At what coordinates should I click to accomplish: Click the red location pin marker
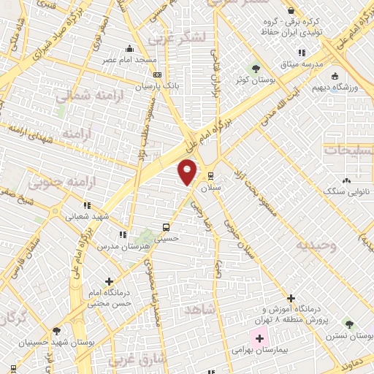tap(188, 171)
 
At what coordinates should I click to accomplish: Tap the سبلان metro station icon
tap(210, 175)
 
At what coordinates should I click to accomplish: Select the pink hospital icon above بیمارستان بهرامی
tap(259, 338)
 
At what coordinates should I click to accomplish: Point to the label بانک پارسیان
tap(156, 85)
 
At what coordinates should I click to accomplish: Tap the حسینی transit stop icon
tap(167, 226)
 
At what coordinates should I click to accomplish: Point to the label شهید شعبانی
tap(88, 216)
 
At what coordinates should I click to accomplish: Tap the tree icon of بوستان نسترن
tap(350, 324)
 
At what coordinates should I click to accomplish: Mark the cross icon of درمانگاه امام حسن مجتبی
tap(110, 281)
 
